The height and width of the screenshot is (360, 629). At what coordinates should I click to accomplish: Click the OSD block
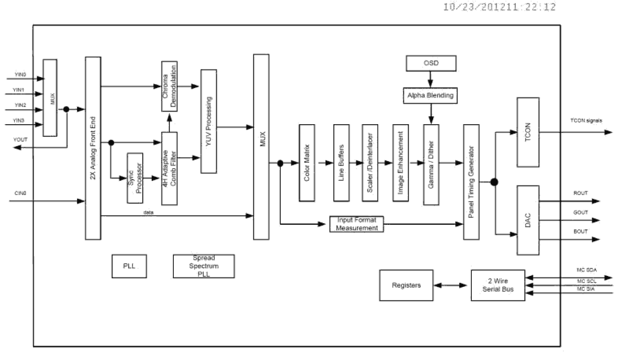[x=431, y=64]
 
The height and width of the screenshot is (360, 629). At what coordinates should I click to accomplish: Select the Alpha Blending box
[x=431, y=95]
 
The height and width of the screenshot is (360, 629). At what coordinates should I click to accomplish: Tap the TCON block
[x=527, y=132]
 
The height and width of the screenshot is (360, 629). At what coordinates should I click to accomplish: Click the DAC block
[x=527, y=219]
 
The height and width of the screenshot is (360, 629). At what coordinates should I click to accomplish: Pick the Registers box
[x=406, y=285]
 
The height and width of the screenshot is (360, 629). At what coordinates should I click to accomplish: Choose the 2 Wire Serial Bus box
[x=498, y=285]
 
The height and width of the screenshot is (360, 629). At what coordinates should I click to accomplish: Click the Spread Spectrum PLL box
[x=203, y=266]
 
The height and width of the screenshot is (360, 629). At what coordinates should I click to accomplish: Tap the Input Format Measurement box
[x=357, y=224]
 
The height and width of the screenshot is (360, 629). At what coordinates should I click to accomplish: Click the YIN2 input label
[x=20, y=105]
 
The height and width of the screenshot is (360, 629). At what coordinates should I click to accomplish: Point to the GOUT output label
[x=581, y=213]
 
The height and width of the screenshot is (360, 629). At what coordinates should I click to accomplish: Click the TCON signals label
[x=586, y=121]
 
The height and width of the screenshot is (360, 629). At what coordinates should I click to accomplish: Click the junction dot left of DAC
[x=494, y=182]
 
